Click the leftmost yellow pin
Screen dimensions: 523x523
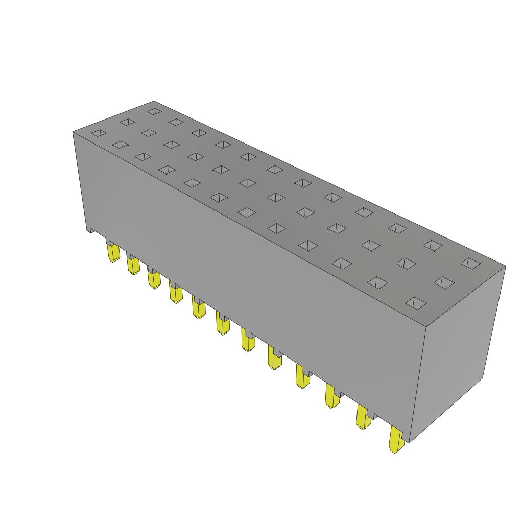tap(113, 252)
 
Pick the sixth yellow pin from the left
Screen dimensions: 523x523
tap(223, 324)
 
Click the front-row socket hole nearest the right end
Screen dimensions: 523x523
tap(416, 303)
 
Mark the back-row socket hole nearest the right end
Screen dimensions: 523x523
tap(470, 263)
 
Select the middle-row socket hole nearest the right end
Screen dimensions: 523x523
tap(444, 282)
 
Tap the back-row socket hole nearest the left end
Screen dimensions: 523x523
tap(154, 111)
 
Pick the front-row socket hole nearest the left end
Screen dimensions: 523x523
tap(99, 133)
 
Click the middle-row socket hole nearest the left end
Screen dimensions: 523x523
tap(127, 122)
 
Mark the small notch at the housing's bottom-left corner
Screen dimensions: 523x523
tap(91, 230)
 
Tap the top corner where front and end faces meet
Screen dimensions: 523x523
tap(426, 327)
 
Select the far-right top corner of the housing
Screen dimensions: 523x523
tap(505, 266)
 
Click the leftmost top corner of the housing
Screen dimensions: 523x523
tap(74, 132)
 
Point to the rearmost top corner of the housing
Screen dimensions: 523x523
tap(154, 102)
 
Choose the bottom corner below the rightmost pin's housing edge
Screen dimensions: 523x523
tap(409, 442)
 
